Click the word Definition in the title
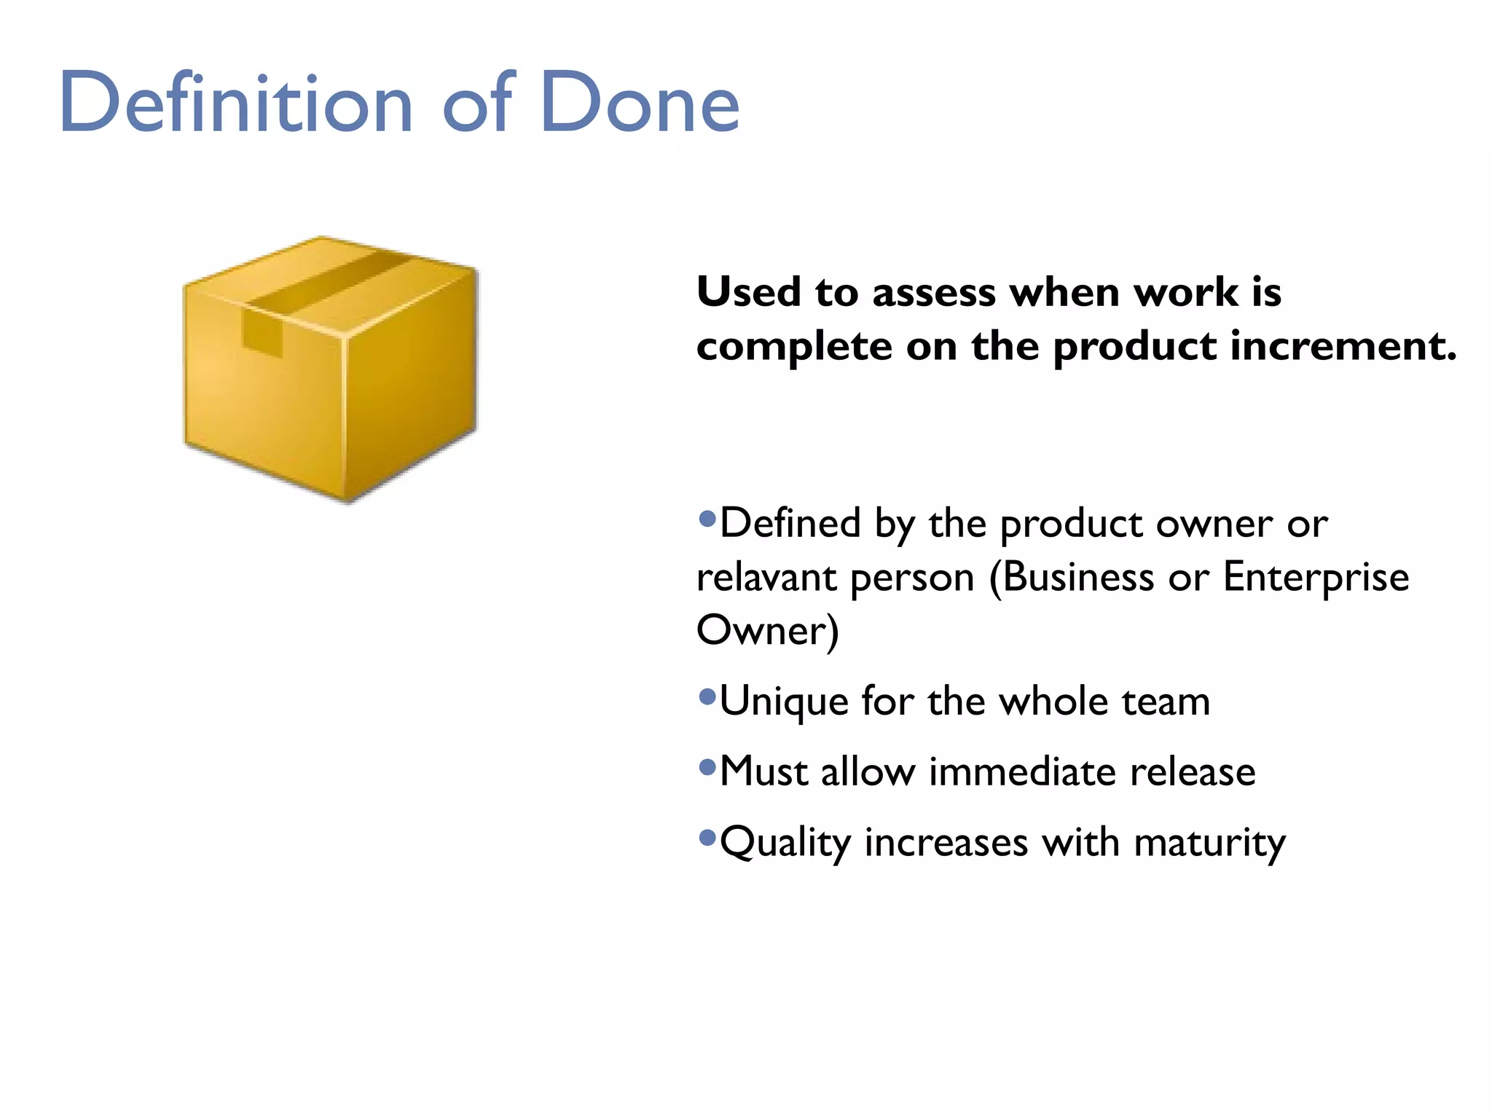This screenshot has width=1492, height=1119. (x=236, y=103)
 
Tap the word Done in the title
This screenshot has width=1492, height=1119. (x=640, y=103)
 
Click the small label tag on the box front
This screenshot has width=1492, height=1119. (x=262, y=334)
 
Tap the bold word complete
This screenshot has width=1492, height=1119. (x=794, y=348)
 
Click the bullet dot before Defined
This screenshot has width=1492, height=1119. (x=707, y=519)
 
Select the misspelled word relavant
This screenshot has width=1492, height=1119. (x=766, y=578)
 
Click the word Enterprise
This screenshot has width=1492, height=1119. (x=1316, y=578)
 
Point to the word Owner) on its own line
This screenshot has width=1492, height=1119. (x=767, y=631)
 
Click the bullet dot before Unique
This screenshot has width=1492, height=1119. (x=707, y=697)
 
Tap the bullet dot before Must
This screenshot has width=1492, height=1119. (x=707, y=767)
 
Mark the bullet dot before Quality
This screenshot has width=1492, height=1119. (x=707, y=838)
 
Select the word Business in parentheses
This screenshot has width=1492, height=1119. (x=1077, y=578)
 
